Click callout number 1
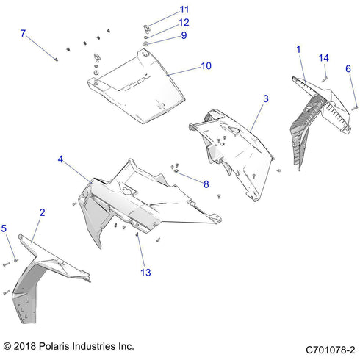point(298,49)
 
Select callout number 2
point(42,212)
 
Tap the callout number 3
point(265,98)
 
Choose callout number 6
point(348,69)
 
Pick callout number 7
point(23,34)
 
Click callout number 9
point(184,35)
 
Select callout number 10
point(206,66)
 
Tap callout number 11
point(184,10)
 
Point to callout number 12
point(184,23)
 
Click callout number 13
point(145,273)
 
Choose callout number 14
point(323,57)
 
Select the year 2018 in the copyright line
point(28,345)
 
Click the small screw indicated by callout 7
point(57,60)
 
